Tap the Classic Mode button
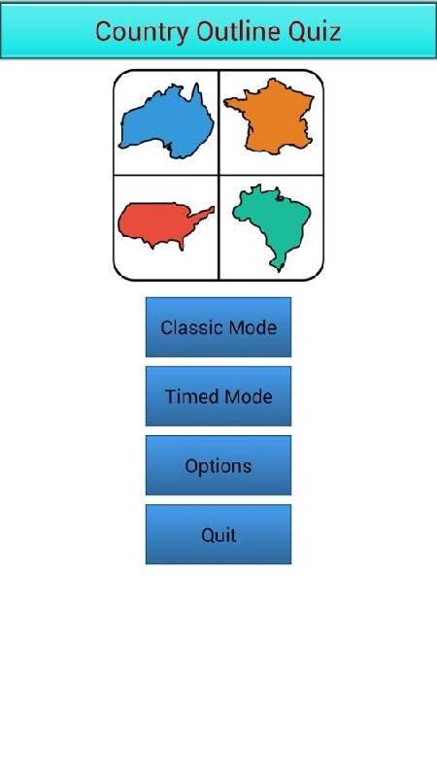coord(218,327)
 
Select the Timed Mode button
coord(218,396)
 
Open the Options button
coord(218,465)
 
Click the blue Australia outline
coord(166,124)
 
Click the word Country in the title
coord(142,32)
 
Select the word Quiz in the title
coord(319,33)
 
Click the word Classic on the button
coord(190,327)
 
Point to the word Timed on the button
coord(191,396)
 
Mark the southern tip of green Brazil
coord(279,270)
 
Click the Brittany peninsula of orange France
coord(232,103)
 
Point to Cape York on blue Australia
coord(196,89)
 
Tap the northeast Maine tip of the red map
coord(212,209)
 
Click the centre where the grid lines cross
coord(218,175)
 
